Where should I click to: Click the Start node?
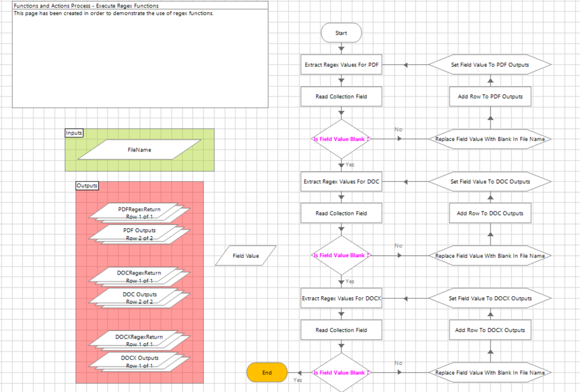point(341,33)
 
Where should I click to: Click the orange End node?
point(267,373)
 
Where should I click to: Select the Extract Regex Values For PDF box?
point(341,65)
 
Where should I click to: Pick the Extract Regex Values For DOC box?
point(341,182)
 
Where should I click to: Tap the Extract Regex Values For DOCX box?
point(341,299)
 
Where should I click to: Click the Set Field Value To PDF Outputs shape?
point(490,65)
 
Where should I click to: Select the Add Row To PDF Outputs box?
point(490,96)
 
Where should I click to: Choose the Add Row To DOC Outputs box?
point(490,213)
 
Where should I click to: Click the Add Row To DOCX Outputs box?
point(490,330)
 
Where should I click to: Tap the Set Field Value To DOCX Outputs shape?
point(490,299)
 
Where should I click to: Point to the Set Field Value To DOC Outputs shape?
point(490,182)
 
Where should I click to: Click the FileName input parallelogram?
point(139,150)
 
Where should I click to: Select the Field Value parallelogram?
point(246,256)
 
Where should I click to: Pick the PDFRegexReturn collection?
point(139,211)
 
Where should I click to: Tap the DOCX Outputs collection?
point(139,361)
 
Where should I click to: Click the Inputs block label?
point(74,133)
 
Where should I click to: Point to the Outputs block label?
point(87,186)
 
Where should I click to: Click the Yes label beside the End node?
point(298,380)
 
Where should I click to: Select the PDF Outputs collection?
point(139,233)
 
